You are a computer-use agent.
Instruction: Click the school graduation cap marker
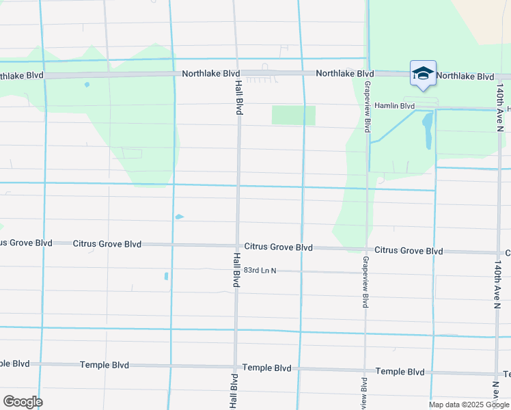click(x=423, y=73)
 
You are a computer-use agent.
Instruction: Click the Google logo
click(x=23, y=401)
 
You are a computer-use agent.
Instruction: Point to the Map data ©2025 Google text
click(x=468, y=405)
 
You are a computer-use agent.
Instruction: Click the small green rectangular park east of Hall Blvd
click(x=294, y=115)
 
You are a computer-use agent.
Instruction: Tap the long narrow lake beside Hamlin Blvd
click(x=428, y=131)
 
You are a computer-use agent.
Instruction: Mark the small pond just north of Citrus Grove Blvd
click(x=179, y=217)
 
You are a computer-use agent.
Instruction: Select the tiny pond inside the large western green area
click(x=87, y=85)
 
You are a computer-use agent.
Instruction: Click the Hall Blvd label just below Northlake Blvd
click(x=238, y=96)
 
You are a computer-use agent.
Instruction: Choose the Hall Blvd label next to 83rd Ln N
click(x=236, y=271)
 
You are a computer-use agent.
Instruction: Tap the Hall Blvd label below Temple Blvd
click(x=234, y=391)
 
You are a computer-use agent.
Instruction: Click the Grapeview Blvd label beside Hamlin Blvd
click(x=367, y=106)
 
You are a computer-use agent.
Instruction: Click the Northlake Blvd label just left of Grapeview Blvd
click(x=344, y=73)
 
